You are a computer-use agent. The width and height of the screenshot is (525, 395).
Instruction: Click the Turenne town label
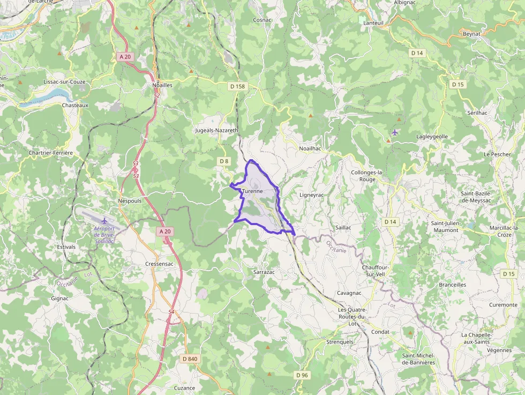point(252,191)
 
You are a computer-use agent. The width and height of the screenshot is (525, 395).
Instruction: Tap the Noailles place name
point(162,85)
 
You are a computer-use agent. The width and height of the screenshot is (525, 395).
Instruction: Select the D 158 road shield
point(237,86)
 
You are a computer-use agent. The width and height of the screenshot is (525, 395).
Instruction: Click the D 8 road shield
point(224,161)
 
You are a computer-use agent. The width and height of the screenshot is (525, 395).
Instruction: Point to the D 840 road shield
point(190,359)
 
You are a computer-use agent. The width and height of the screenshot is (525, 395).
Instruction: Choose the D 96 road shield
point(302,375)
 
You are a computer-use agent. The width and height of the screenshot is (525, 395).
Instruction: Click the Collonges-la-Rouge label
point(367,176)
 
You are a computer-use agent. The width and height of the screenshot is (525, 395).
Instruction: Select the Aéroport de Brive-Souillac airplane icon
point(104,221)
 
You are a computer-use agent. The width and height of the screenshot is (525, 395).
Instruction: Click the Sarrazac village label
point(264,272)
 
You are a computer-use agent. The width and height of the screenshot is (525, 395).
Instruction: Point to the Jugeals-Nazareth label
point(217,130)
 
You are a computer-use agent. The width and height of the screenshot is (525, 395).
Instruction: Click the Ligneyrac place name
point(312,195)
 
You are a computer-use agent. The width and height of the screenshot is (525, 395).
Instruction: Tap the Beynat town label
point(471,34)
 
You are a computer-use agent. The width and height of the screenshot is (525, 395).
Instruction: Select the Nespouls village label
point(129,201)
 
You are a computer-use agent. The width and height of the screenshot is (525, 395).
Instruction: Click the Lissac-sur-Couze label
point(64,82)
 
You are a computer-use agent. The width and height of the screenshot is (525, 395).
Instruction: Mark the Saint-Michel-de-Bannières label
point(418,359)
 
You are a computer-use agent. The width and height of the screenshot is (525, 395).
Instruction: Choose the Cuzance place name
point(184,388)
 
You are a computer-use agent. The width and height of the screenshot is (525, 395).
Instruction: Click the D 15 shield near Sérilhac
point(457,85)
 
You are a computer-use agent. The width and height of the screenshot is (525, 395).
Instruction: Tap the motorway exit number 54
point(171,311)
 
